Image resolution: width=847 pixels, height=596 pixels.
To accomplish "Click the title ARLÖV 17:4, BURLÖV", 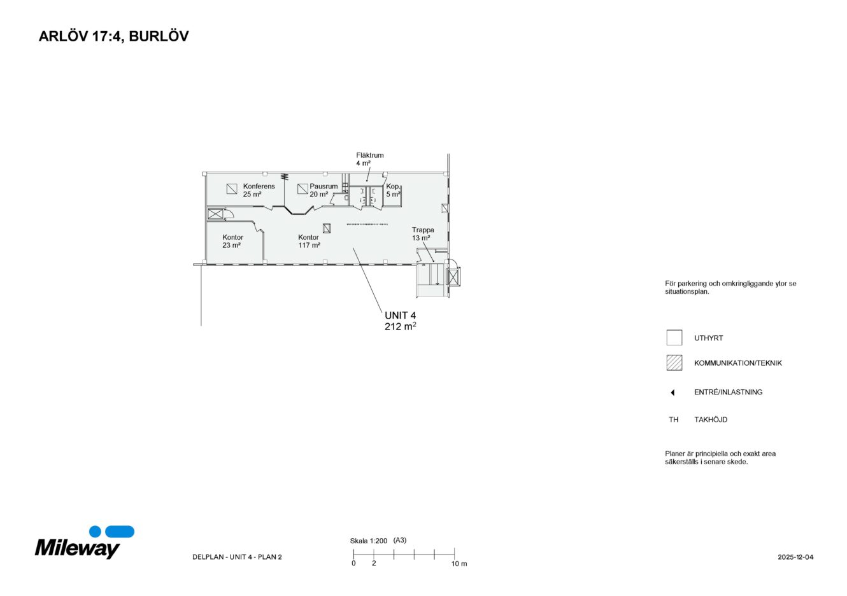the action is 113,37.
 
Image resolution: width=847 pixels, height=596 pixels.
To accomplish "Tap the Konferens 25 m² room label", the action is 259,190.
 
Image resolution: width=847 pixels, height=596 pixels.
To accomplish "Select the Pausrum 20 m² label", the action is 324,190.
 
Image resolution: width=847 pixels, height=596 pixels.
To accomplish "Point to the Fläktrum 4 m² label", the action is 369,159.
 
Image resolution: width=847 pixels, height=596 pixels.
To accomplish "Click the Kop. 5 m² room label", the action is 394,190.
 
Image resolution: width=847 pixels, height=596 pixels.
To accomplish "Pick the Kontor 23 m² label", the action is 232,241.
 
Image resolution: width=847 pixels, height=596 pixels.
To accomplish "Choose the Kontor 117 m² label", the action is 309,241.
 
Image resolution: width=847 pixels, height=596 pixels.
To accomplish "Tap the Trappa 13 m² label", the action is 423,234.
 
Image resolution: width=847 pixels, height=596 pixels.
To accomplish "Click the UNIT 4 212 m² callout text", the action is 401,321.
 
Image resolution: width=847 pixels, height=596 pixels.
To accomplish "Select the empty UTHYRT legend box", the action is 674,338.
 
